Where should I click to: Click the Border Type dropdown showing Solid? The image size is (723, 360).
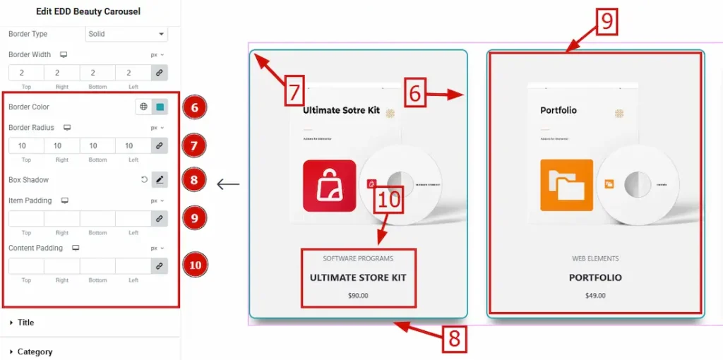point(126,34)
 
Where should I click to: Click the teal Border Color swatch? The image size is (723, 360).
point(160,107)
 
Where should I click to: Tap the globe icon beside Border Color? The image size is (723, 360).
point(144,107)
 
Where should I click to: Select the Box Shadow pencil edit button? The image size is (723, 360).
point(160,180)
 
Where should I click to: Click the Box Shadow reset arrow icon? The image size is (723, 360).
point(145,180)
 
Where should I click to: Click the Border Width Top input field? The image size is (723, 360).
point(26,72)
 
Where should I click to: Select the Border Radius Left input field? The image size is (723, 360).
point(133,146)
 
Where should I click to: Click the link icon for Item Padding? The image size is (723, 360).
point(160,219)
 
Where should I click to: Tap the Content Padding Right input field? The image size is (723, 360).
point(62,266)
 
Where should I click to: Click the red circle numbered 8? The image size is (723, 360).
point(194,180)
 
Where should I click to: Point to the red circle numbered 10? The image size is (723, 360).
point(194,265)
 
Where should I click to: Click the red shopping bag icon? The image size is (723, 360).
point(329,186)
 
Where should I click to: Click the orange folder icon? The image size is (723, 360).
point(566,186)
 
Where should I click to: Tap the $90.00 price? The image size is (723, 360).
point(358,295)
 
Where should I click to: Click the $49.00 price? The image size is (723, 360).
point(595,295)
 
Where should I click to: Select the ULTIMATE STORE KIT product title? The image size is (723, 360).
point(358,277)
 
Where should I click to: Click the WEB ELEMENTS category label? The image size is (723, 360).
point(595,258)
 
